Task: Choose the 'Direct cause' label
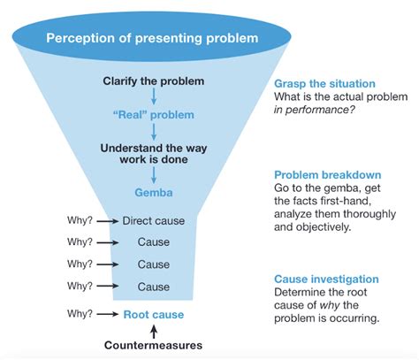153,219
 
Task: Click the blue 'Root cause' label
153,313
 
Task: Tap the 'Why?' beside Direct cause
80,219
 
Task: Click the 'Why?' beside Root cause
80,313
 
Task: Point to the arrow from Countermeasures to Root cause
152,329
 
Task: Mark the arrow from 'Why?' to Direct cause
107,219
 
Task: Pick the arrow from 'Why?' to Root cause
107,313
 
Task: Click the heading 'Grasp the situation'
325,82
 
